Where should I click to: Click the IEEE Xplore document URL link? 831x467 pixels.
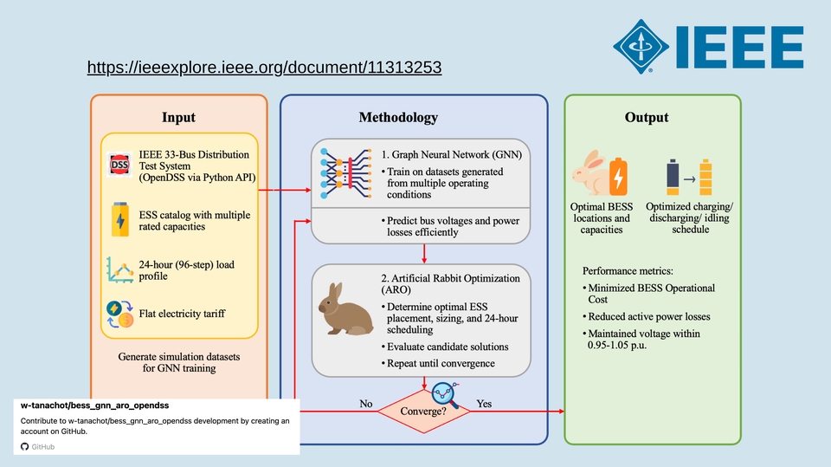click(265, 67)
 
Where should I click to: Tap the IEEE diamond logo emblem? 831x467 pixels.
click(644, 48)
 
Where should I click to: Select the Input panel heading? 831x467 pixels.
click(178, 117)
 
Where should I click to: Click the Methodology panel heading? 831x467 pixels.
click(398, 117)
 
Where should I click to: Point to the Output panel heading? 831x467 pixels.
click(647, 117)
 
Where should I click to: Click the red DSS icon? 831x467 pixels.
click(119, 165)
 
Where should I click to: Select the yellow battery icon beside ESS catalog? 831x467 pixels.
click(119, 220)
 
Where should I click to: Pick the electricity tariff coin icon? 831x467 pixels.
click(119, 314)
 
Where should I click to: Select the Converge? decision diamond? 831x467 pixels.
click(424, 410)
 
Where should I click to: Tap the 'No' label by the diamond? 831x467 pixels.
click(367, 403)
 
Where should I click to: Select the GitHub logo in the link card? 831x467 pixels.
click(25, 446)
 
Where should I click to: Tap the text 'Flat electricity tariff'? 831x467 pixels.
click(182, 314)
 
